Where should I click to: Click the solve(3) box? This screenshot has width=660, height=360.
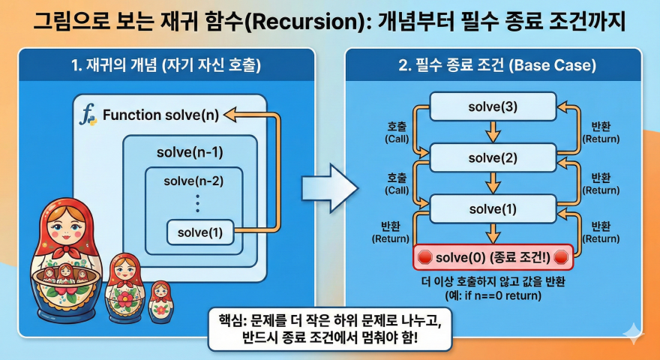click(x=493, y=106)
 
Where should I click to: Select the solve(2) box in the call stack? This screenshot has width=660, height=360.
click(x=493, y=158)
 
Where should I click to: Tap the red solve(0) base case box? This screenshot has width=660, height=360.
click(x=493, y=258)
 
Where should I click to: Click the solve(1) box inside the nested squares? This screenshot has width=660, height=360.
click(x=200, y=232)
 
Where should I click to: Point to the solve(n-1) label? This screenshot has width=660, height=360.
click(x=190, y=152)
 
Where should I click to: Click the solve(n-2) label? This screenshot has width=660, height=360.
click(x=193, y=181)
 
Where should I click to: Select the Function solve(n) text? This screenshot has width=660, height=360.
click(x=160, y=115)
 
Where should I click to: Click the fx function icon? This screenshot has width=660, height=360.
click(x=88, y=116)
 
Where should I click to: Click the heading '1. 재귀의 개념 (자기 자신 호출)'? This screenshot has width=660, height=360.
click(x=166, y=65)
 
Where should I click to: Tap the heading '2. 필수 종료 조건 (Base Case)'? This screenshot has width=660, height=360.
click(x=497, y=65)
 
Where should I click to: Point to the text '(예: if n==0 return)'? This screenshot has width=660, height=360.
click(x=493, y=295)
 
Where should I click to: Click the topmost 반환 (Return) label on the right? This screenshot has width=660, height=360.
click(x=601, y=133)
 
